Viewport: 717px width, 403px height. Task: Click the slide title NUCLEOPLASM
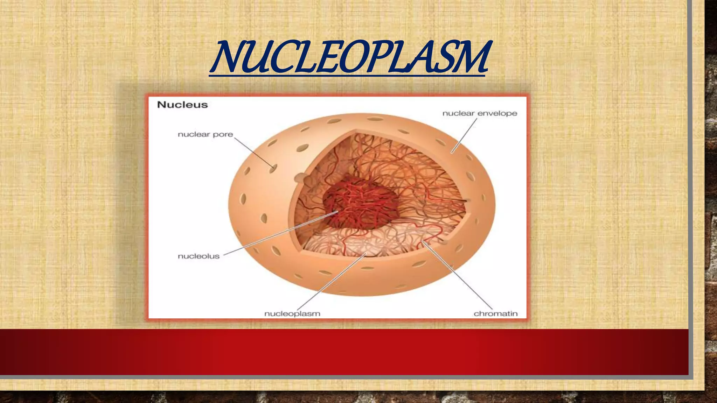[350, 58]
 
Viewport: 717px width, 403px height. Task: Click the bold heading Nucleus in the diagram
[182, 105]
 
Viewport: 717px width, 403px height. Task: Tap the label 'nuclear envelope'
[480, 113]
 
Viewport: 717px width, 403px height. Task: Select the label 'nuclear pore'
[205, 134]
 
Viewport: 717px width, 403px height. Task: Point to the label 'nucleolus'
[199, 256]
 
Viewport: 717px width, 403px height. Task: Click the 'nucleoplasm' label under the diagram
[292, 313]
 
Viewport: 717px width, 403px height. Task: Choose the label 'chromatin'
[495, 313]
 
